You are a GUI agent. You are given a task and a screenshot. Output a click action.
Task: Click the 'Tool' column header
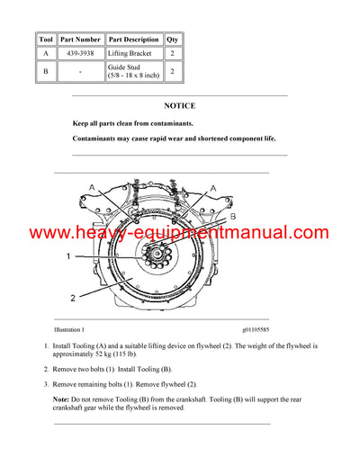(x=46, y=40)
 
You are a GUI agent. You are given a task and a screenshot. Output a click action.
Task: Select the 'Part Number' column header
(x=80, y=40)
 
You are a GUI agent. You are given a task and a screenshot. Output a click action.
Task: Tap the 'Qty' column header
(x=173, y=40)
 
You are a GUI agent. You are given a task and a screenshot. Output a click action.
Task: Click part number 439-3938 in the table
(x=80, y=54)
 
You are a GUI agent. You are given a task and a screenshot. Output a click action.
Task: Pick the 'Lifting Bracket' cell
(x=133, y=54)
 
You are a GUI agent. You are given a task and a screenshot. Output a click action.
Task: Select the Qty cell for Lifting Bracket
(x=173, y=54)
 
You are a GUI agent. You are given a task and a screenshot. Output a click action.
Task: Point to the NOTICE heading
(x=179, y=105)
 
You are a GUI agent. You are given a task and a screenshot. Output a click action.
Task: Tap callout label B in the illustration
(x=231, y=217)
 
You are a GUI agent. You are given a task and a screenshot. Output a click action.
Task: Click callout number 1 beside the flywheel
(x=67, y=256)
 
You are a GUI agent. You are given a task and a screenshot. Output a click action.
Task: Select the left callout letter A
(x=92, y=187)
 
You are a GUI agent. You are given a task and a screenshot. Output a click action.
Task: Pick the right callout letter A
(x=212, y=187)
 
